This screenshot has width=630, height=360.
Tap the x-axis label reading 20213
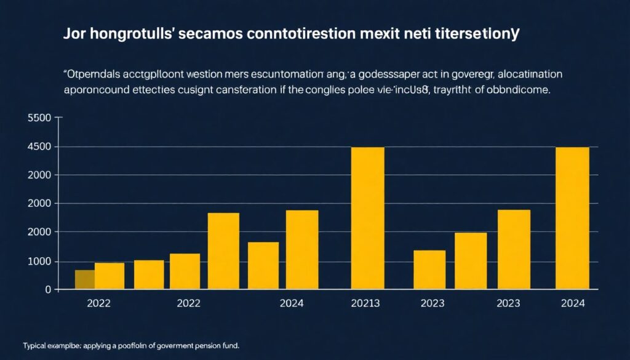coord(365,303)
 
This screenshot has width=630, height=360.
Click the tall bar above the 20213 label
coord(367,218)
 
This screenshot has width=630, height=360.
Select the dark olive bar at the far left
coord(84,279)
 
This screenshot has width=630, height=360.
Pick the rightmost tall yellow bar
coord(572,218)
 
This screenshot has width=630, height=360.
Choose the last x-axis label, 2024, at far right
coord(573,303)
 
